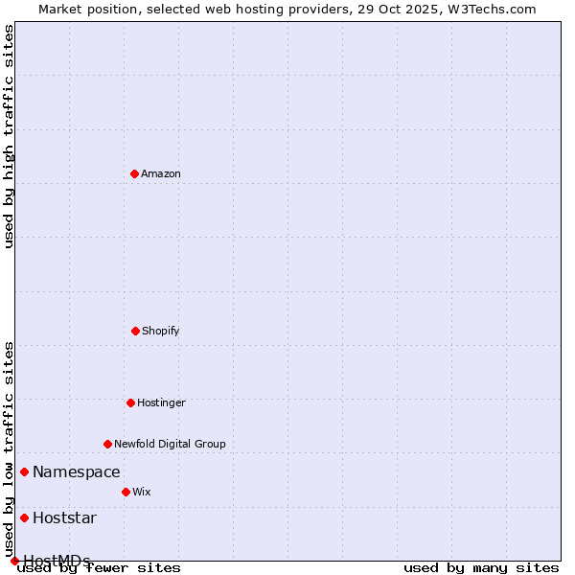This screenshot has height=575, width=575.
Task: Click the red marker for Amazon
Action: pos(134,173)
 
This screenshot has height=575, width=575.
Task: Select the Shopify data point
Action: pos(135,331)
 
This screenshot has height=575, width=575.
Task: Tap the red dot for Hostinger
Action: pos(130,402)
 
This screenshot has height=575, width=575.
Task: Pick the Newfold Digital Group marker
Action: pos(107,444)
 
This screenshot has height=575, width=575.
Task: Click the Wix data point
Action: pos(126,492)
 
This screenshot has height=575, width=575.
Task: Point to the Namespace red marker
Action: pos(24,471)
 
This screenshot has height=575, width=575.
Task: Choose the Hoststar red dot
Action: pos(24,517)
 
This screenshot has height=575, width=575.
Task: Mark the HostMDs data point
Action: pos(14,561)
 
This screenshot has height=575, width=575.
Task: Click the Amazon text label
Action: pos(161,173)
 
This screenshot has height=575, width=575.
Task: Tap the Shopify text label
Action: pos(161,331)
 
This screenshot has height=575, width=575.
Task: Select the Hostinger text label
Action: pos(161,402)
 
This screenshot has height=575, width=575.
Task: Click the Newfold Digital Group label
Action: pos(170,444)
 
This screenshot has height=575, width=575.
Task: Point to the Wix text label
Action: pos(142,492)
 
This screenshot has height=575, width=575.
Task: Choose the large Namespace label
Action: pos(77,471)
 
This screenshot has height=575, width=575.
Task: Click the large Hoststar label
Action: pos(64,517)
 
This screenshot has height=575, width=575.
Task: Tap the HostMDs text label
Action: pos(57,561)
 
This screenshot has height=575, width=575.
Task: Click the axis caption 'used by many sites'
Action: pos(481,567)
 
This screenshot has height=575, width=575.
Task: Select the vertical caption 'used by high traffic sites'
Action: pos(10,136)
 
